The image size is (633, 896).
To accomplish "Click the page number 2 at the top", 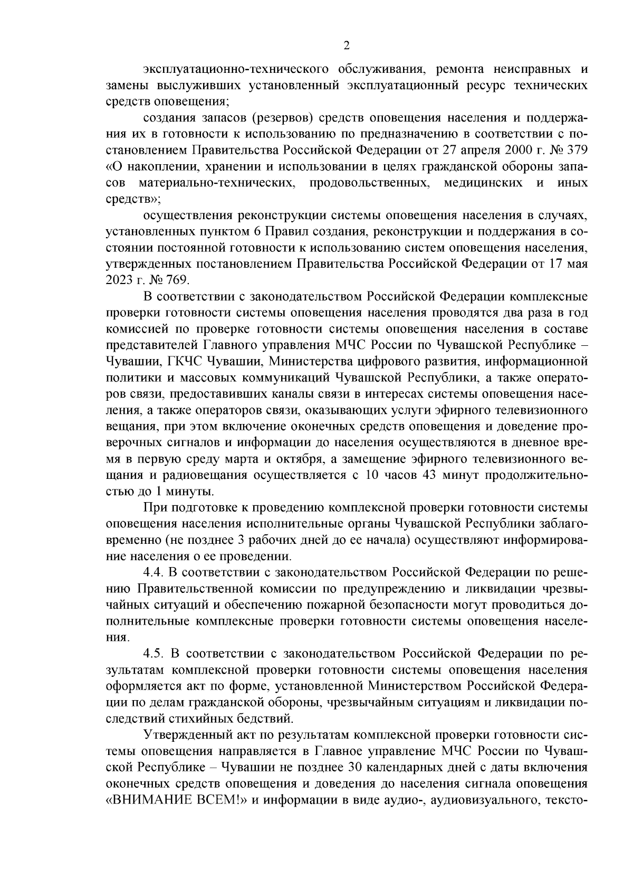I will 347,45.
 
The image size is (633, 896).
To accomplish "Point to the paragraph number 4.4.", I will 155,572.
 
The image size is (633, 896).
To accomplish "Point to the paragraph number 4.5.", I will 155,654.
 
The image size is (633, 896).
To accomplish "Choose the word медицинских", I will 484,183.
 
